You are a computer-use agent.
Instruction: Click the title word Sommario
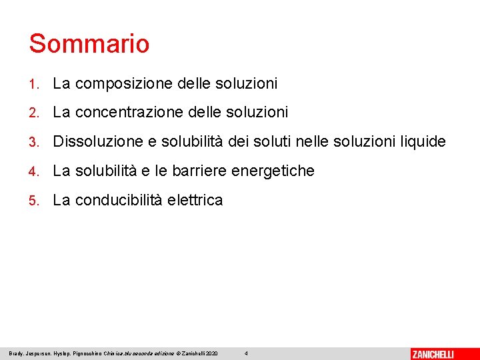89,44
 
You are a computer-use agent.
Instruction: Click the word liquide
423,142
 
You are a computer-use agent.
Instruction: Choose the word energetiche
273,171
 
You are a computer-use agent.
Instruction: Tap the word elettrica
195,201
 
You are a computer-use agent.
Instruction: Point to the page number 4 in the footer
246,353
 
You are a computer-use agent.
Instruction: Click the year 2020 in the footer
212,353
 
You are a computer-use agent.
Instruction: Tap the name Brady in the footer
17,353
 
